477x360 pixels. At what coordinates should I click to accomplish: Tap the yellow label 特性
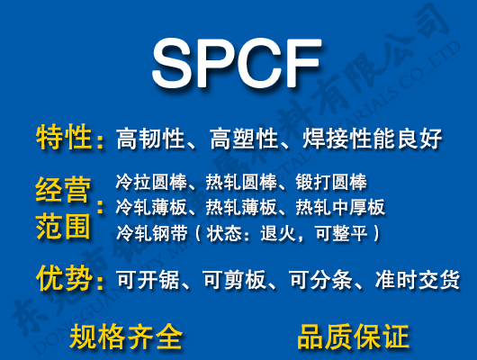pos(64,138)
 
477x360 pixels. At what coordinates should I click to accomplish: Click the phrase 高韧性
pos(147,139)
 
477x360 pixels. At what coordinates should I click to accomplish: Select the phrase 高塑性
pos(239,139)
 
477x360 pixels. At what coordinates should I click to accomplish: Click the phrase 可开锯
pos(147,280)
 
